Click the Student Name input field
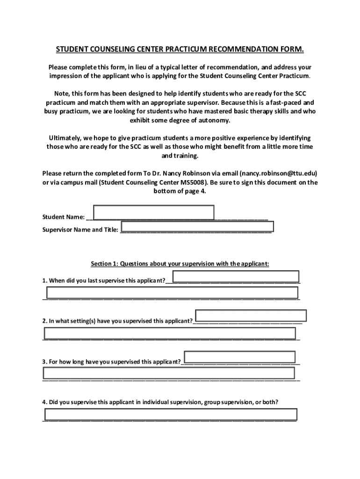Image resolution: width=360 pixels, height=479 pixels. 153,212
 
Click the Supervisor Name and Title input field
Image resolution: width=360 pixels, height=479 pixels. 196,226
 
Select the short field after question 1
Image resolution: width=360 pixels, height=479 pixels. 236,276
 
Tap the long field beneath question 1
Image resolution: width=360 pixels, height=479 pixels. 172,293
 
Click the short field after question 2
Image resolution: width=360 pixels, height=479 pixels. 251,316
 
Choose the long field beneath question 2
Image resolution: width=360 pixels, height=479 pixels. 170,333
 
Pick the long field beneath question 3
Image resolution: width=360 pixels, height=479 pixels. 169,373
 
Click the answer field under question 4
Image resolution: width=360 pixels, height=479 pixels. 170,414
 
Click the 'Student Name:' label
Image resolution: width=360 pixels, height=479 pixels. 64,217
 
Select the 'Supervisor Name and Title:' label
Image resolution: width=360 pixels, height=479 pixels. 80,230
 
